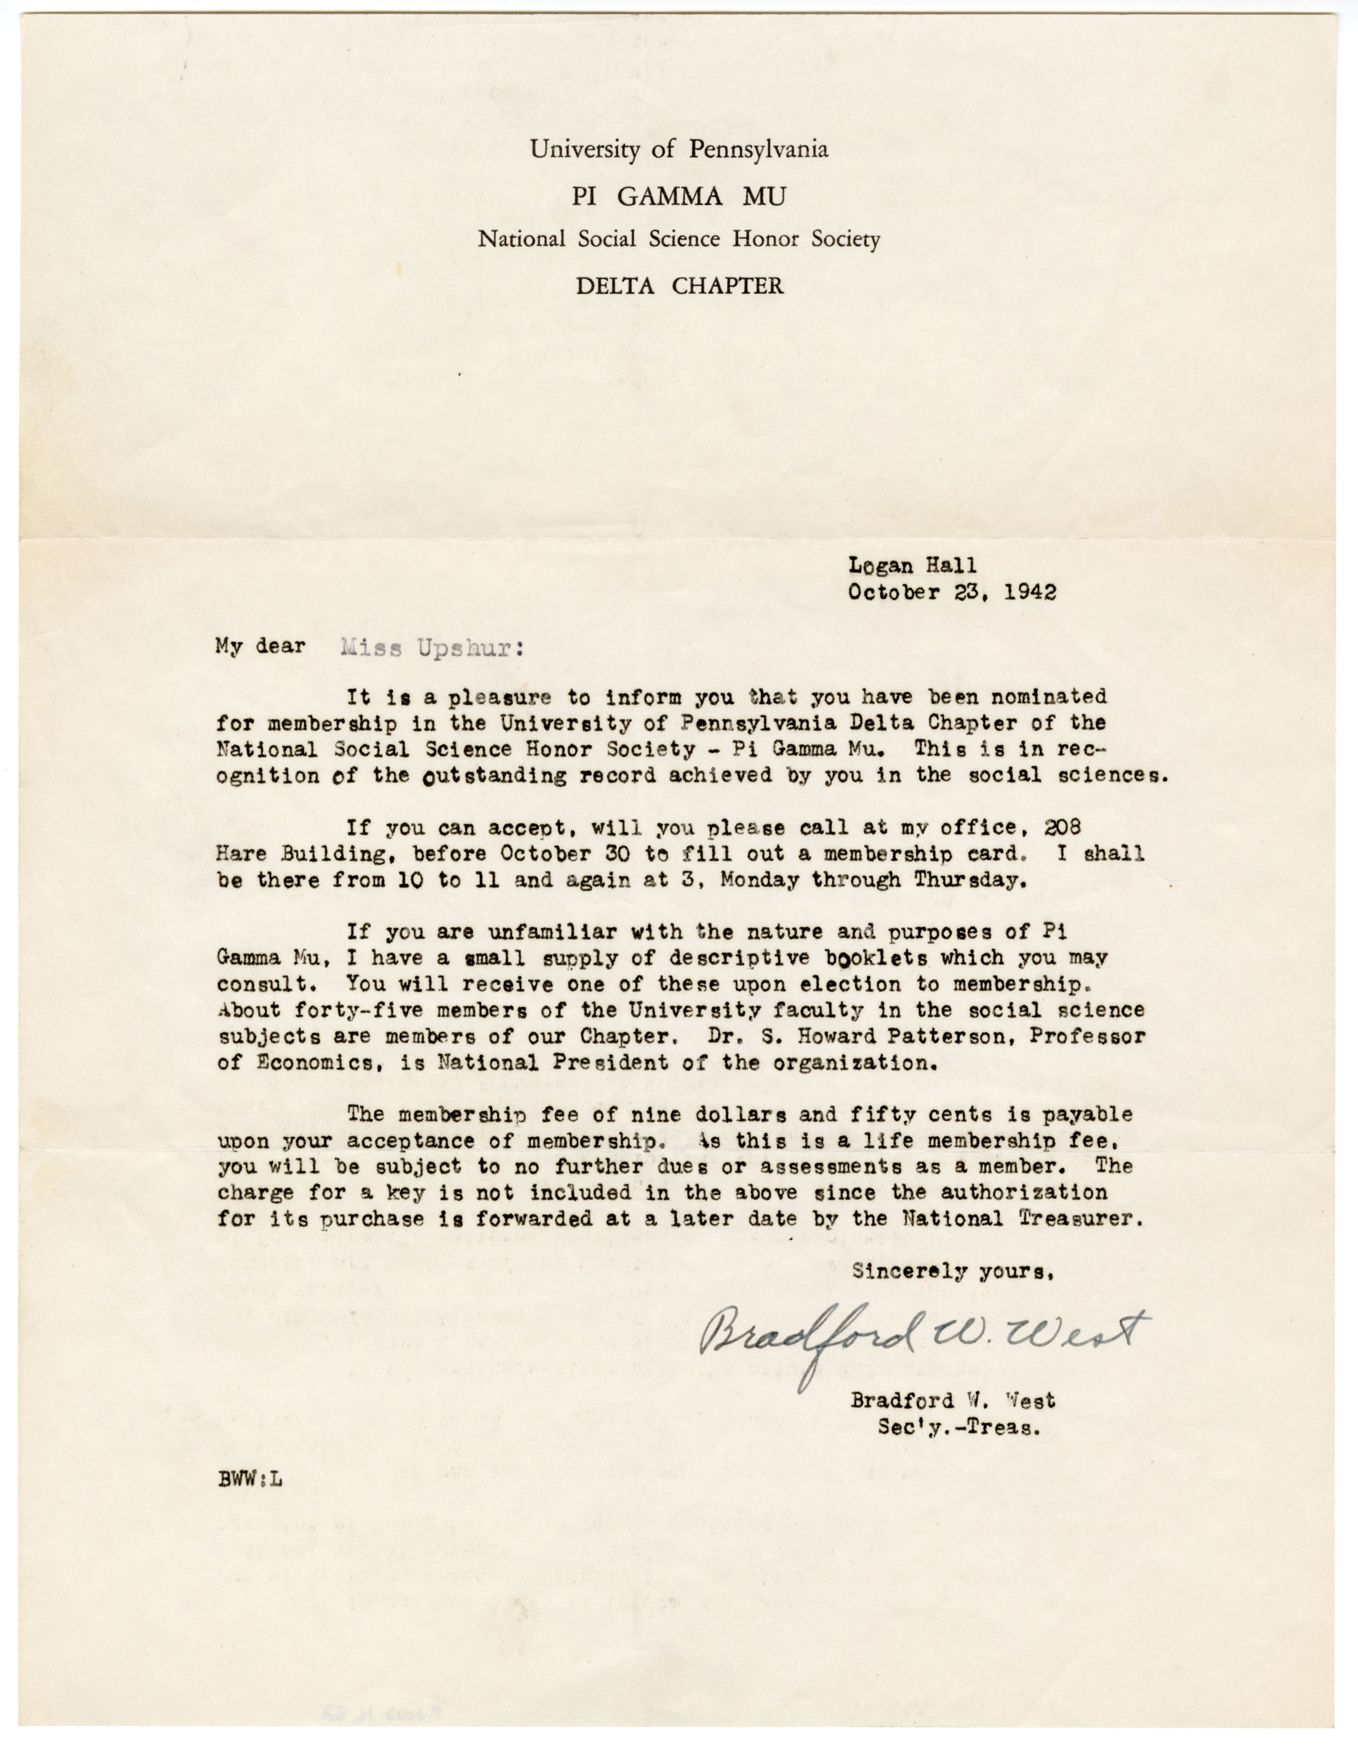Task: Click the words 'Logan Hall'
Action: [912, 566]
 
